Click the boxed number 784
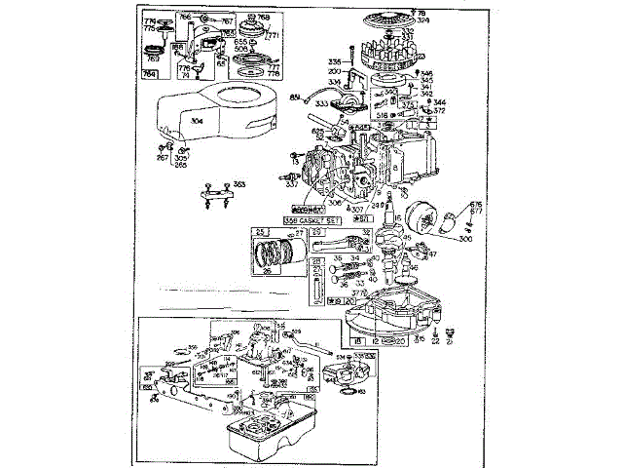(x=151, y=72)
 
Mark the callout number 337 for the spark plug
(x=292, y=182)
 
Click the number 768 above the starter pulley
(x=262, y=17)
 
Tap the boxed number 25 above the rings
(x=260, y=232)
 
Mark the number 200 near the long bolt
(x=334, y=71)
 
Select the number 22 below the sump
(x=435, y=341)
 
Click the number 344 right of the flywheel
(x=440, y=101)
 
